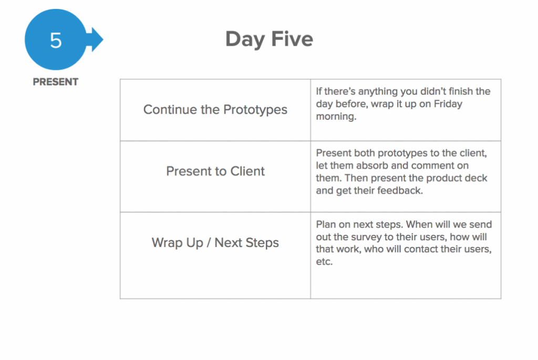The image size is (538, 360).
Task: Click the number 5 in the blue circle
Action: tap(56, 40)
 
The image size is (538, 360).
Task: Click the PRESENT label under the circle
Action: tap(56, 81)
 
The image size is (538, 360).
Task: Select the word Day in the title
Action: tap(245, 39)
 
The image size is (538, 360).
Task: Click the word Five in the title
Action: tap(292, 38)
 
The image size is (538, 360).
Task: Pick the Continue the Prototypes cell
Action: tap(215, 110)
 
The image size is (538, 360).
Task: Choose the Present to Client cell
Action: tap(215, 177)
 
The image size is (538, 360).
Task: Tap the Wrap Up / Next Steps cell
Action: tap(215, 255)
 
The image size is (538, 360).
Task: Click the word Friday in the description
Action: tap(448, 104)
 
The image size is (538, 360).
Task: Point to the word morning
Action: tap(336, 117)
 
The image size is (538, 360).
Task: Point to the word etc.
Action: tap(324, 262)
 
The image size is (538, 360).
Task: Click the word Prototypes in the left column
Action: tap(255, 110)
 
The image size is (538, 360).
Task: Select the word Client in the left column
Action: tap(247, 171)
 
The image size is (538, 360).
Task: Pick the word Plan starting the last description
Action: tap(326, 224)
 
